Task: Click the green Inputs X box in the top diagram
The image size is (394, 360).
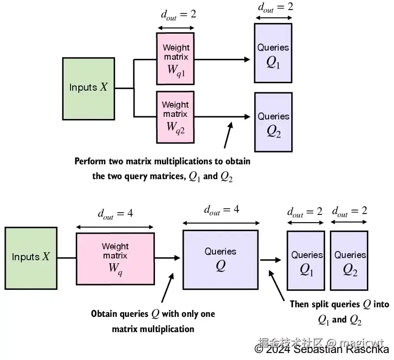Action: coord(88,89)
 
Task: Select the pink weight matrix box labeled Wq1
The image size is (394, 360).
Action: coord(175,58)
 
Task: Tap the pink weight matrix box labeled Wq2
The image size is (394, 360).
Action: coord(175,117)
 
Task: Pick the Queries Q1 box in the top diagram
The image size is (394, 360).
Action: coord(273,53)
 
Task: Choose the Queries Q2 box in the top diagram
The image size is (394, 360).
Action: coord(273,122)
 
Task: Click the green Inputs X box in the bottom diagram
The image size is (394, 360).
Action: coord(31,258)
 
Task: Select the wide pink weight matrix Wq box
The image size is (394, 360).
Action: coord(115,259)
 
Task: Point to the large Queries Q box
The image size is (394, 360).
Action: coord(221,260)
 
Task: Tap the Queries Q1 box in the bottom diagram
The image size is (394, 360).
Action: coord(306,261)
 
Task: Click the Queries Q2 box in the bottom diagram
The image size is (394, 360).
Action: coord(349,261)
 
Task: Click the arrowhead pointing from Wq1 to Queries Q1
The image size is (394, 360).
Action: coord(247,60)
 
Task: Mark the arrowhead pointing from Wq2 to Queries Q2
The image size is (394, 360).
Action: coord(247,117)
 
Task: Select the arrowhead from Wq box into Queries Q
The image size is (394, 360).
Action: coord(177,258)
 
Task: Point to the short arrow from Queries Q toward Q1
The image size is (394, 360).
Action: coord(271,260)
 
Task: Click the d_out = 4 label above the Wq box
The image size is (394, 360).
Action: coord(115,214)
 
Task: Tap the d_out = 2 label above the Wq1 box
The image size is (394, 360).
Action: coord(178,15)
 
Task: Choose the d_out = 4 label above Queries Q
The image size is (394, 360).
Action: coord(222,210)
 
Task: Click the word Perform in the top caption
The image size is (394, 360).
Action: coord(90,161)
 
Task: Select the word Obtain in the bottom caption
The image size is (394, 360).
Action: coord(104,314)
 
